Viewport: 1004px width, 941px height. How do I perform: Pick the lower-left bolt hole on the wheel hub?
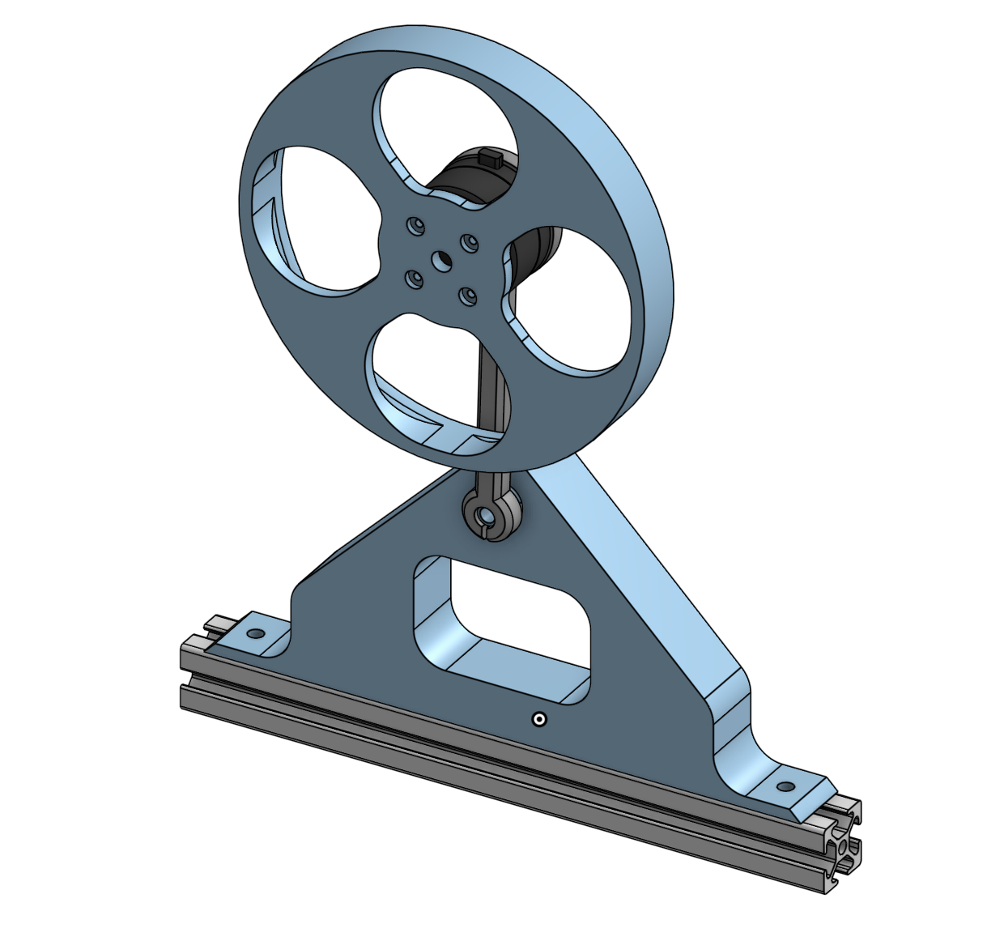[415, 279]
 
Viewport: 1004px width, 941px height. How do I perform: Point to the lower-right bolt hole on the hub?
[468, 296]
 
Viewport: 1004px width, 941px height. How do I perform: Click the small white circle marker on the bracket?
[538, 719]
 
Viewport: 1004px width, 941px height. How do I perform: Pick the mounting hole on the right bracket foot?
[784, 786]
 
